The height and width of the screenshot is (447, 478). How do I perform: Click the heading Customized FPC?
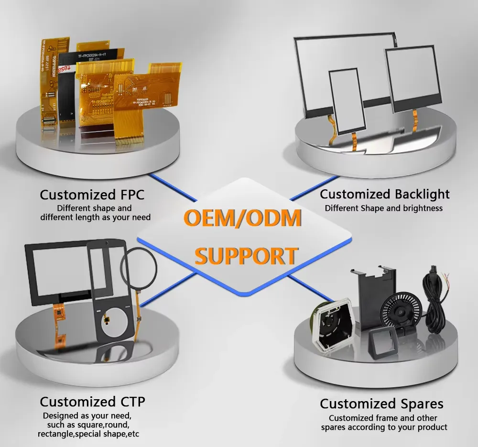click(x=92, y=195)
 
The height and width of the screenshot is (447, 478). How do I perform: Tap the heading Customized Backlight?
click(x=384, y=194)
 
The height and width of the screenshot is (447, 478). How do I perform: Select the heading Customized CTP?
click(x=92, y=401)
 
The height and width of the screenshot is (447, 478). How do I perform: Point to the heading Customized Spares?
click(x=381, y=403)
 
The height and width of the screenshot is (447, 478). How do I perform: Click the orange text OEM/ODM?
click(x=243, y=218)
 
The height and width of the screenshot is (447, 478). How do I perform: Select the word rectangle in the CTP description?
click(x=57, y=434)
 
